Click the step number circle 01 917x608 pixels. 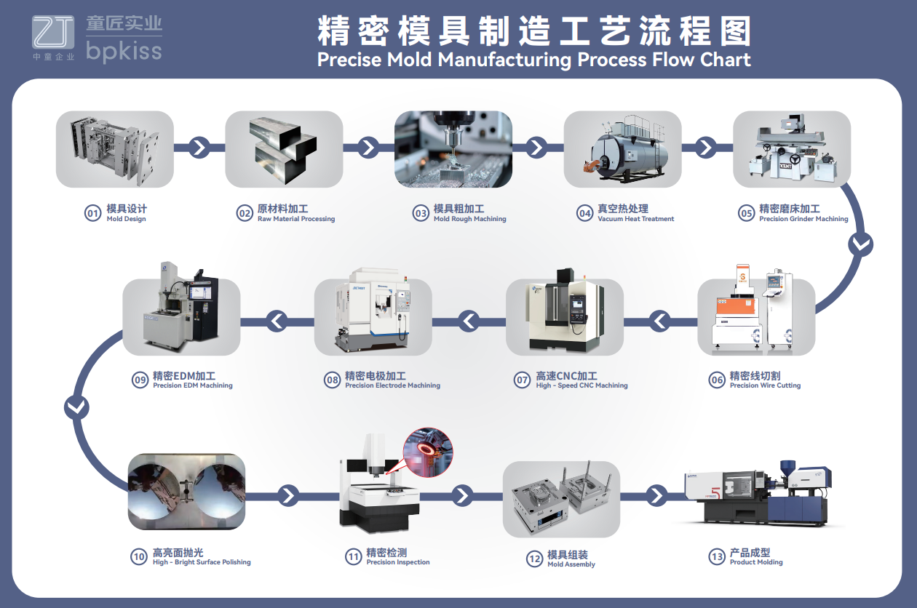pyautogui.click(x=92, y=213)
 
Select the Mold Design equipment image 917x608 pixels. pyautogui.click(x=115, y=149)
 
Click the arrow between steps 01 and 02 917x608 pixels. pyautogui.click(x=199, y=148)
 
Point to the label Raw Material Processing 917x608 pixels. pyautogui.click(x=296, y=219)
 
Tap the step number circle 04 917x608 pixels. pyautogui.click(x=584, y=213)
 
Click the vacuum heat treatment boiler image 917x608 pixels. pyautogui.click(x=622, y=149)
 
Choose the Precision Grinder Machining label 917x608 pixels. pyautogui.click(x=803, y=219)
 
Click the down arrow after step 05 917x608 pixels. pyautogui.click(x=861, y=244)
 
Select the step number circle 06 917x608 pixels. pyautogui.click(x=717, y=380)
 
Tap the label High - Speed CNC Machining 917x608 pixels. pyautogui.click(x=581, y=385)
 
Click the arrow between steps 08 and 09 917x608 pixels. pyautogui.click(x=277, y=319)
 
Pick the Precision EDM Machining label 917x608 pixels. pyautogui.click(x=193, y=385)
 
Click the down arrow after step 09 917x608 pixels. pyautogui.click(x=76, y=407)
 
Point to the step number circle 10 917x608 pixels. pyautogui.click(x=139, y=557)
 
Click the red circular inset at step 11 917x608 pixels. pyautogui.click(x=428, y=452)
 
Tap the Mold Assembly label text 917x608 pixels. pyautogui.click(x=571, y=564)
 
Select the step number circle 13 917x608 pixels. pyautogui.click(x=717, y=557)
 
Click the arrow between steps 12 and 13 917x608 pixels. pyautogui.click(x=656, y=496)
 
